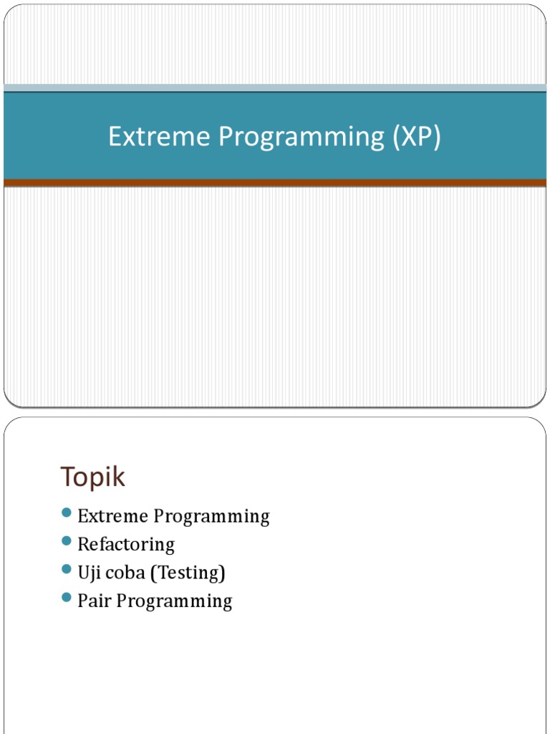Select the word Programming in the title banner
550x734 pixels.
301,137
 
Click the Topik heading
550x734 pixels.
93,477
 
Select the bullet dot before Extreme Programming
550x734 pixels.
67,513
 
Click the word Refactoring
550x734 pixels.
126,545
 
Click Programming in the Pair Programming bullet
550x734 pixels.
174,601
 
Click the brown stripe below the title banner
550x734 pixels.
275,183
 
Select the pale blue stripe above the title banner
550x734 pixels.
275,87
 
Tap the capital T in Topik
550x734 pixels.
67,477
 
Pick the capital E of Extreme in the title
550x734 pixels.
114,137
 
